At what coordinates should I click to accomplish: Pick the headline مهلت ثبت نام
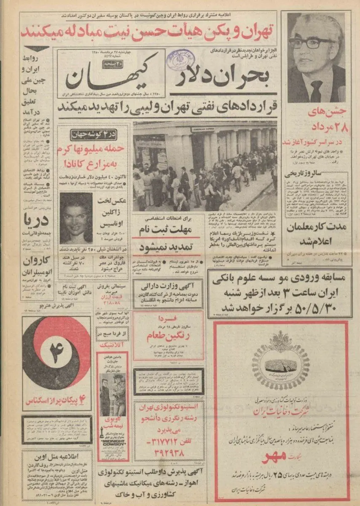click(169, 230)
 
